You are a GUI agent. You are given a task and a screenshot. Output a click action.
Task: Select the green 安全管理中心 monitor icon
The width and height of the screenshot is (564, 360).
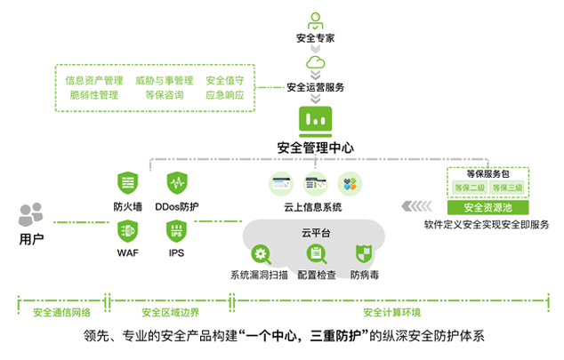click(316, 119)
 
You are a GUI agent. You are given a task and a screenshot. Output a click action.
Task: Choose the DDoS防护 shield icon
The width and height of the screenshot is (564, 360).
click(176, 184)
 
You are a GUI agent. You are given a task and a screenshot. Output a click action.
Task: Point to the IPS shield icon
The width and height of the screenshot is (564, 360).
click(176, 231)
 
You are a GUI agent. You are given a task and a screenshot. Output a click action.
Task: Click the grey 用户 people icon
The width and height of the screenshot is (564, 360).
click(31, 215)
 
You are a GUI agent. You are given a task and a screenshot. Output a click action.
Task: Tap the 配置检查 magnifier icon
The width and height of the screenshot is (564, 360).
click(316, 253)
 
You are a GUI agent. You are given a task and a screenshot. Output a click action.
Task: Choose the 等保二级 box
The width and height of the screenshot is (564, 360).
click(469, 188)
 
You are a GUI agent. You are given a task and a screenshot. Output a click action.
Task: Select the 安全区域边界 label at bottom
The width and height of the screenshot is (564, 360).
click(170, 312)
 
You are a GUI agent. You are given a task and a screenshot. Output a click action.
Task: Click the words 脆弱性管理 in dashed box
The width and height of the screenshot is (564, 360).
click(93, 95)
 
